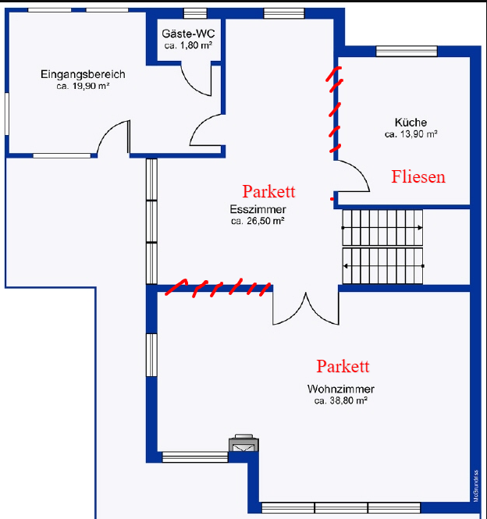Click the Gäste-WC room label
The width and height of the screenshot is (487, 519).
point(188,34)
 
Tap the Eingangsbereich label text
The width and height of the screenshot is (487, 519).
point(83,74)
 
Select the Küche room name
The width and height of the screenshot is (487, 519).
point(411,122)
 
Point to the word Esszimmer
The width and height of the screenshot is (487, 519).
point(258,209)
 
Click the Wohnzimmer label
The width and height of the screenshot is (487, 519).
point(341,389)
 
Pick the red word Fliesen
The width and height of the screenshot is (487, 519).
point(418,176)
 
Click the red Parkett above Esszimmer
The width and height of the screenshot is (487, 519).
point(268,191)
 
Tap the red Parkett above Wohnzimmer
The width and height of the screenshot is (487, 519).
point(343,366)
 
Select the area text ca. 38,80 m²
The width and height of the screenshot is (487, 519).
point(341,400)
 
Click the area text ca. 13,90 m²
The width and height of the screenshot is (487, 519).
point(411,134)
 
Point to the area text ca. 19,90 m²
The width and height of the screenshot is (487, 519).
point(83,86)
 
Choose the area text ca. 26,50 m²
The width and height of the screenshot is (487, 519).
point(258,221)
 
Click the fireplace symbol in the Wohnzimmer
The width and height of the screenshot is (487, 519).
point(243,443)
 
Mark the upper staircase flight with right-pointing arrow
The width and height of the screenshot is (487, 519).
point(382,228)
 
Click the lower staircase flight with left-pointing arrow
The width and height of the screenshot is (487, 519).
point(382,266)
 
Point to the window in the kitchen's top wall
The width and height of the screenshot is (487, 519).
point(407,52)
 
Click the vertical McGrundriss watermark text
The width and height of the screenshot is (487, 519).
point(476,485)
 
